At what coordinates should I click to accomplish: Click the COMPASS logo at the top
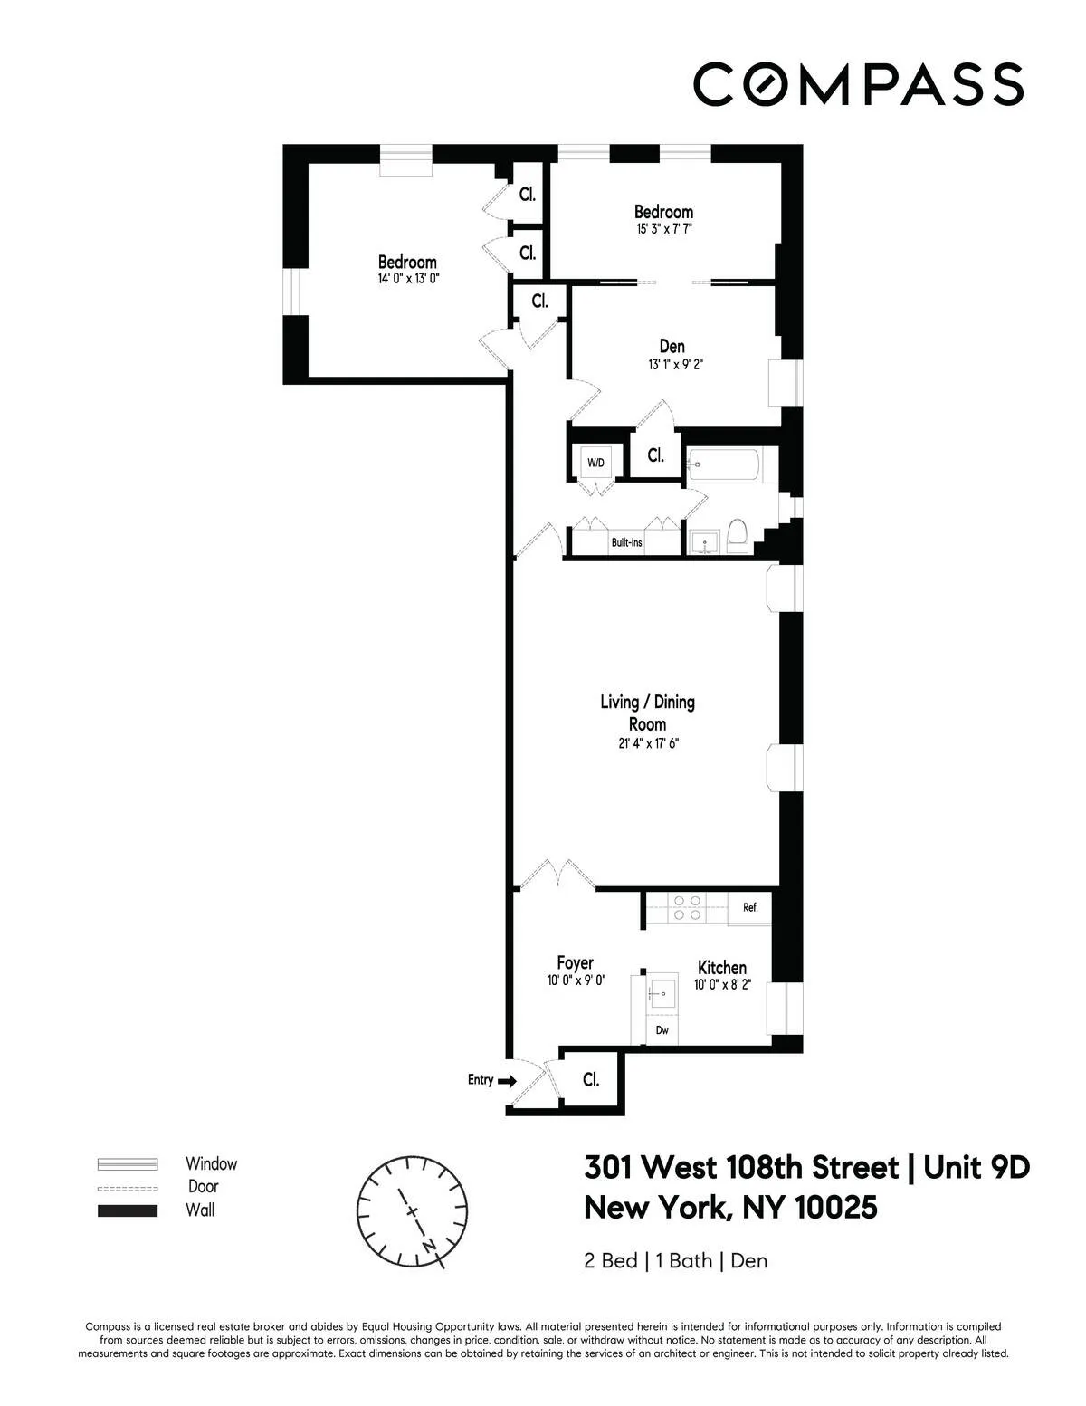(x=858, y=83)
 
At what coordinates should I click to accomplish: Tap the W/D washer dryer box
(x=595, y=463)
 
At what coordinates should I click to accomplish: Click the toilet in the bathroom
(x=737, y=536)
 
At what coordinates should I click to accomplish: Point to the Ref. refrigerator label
(x=750, y=907)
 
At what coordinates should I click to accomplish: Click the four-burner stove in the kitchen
(x=686, y=907)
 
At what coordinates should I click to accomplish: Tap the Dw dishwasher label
(x=662, y=1030)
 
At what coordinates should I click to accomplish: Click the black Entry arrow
(x=507, y=1080)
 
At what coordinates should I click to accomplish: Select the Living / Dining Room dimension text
(x=647, y=744)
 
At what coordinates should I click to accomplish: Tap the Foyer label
(x=575, y=963)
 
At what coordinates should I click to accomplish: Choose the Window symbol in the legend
(x=128, y=1164)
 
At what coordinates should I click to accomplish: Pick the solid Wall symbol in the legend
(x=128, y=1210)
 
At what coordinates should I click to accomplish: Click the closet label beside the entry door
(x=591, y=1080)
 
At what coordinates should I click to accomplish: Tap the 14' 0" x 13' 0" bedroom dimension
(x=407, y=280)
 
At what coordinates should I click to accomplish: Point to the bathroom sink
(x=703, y=542)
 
